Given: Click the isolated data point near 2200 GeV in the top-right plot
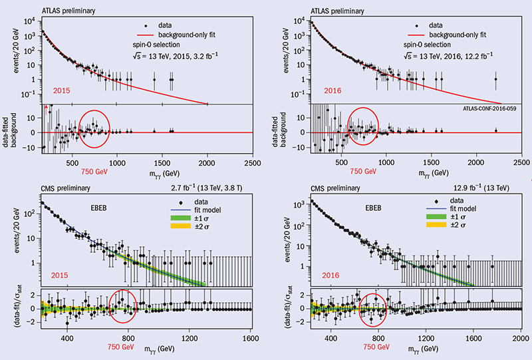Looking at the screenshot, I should (x=496, y=79).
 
